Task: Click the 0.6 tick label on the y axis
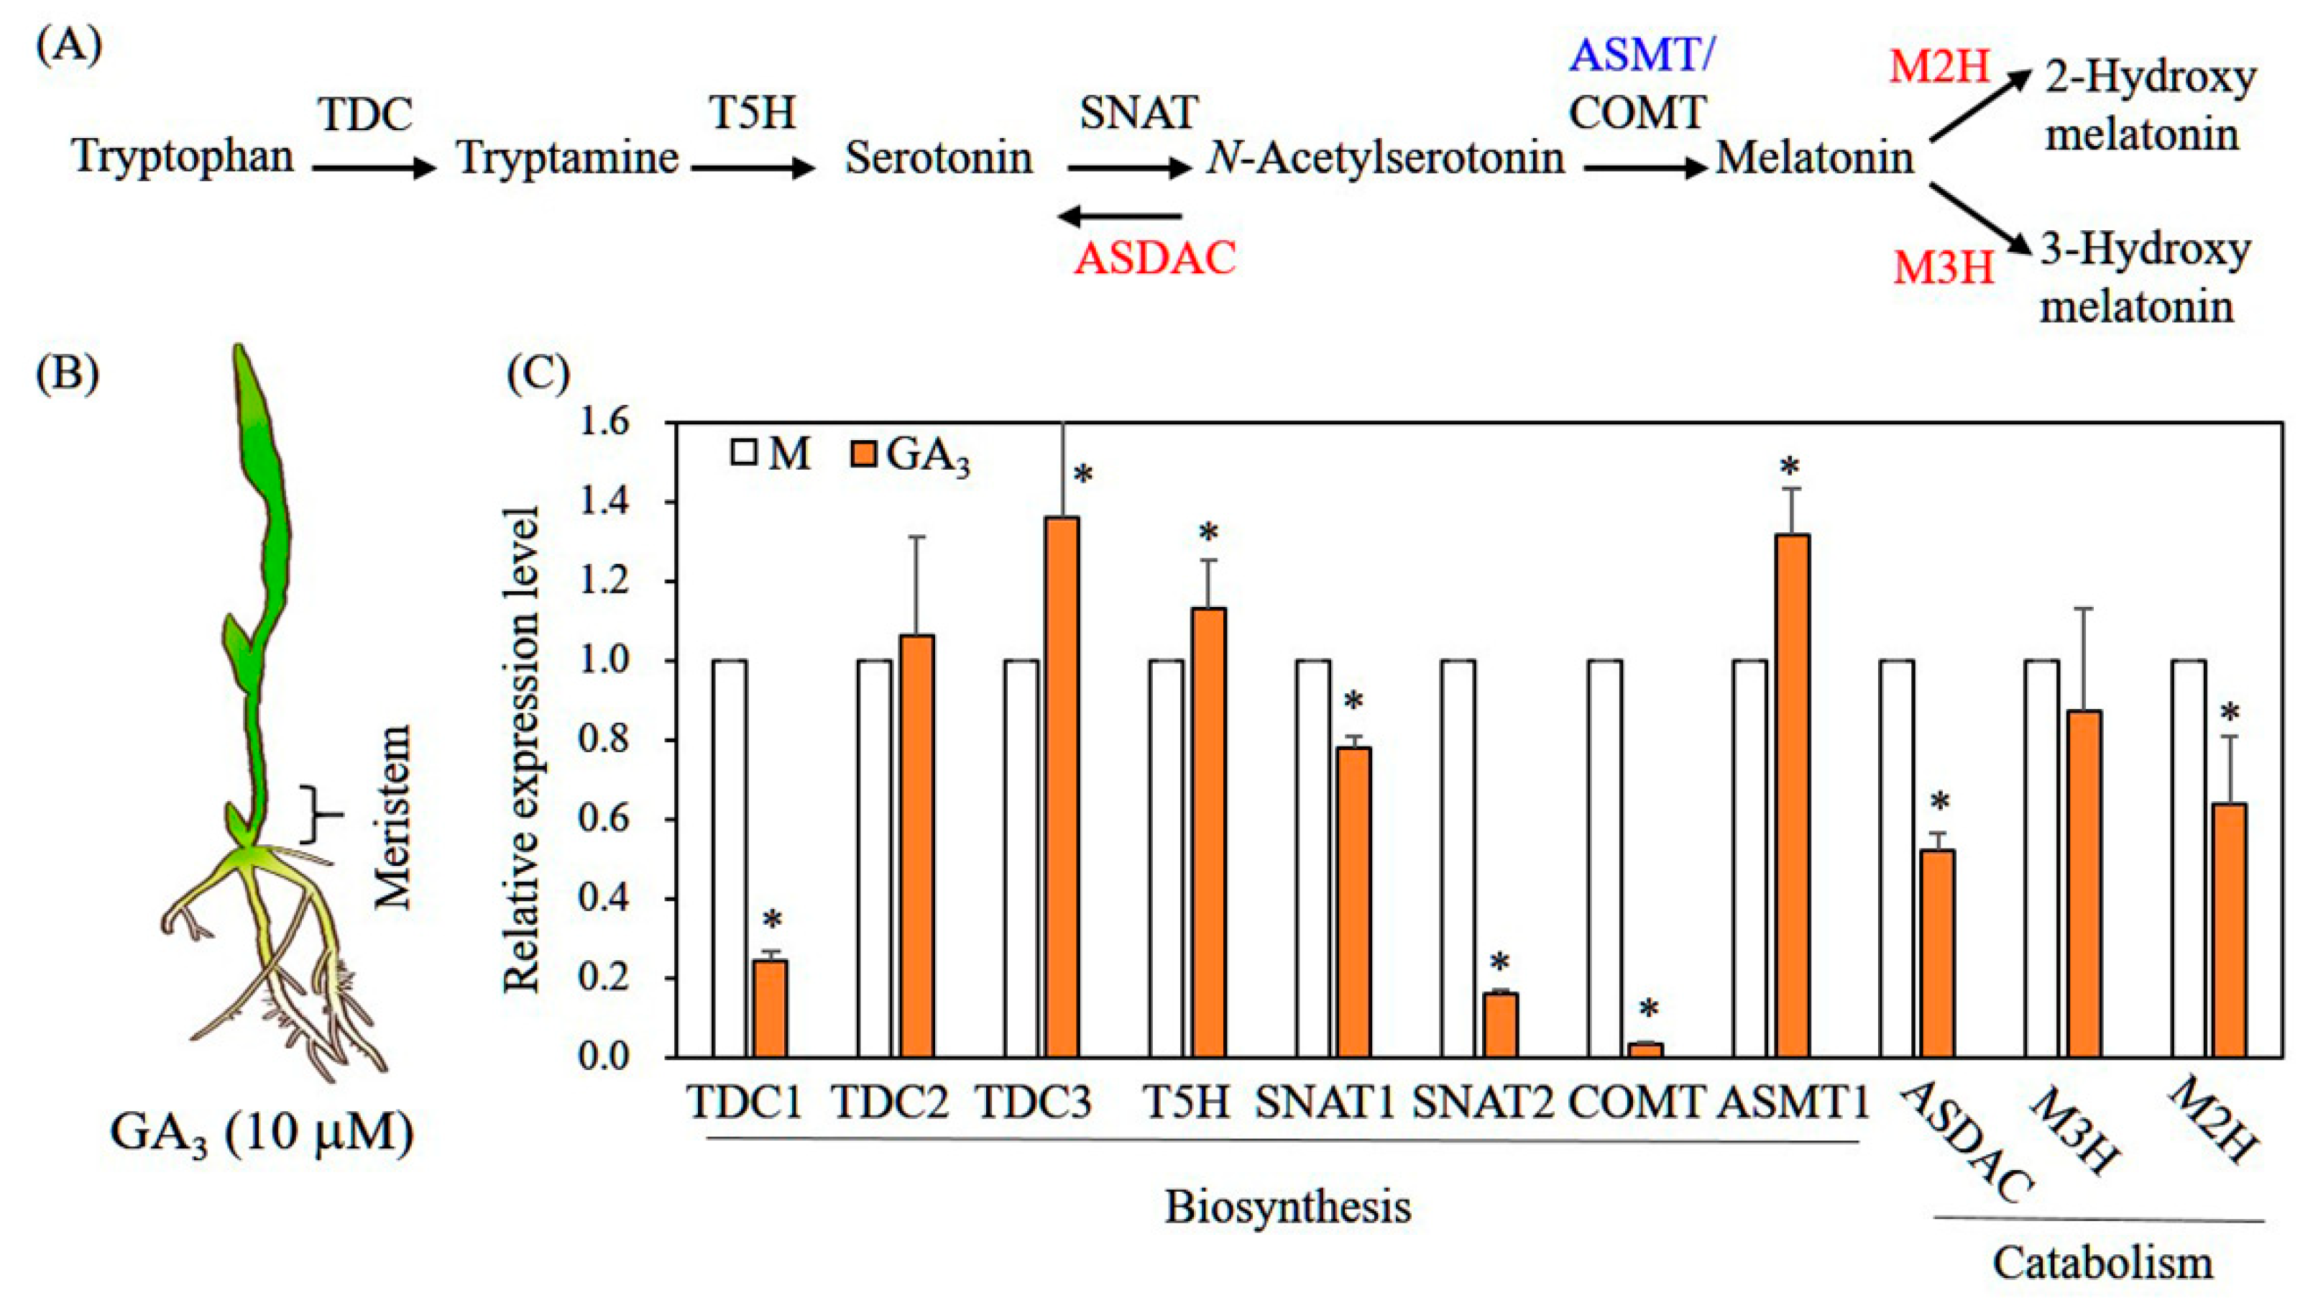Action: tap(604, 820)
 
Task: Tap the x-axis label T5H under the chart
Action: tap(1186, 1101)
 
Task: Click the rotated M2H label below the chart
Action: tap(2211, 1120)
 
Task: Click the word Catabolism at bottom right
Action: tap(2102, 1264)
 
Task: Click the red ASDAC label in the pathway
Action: tap(1155, 259)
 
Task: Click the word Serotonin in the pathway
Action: tap(938, 158)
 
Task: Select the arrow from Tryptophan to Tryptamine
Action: tap(374, 168)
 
